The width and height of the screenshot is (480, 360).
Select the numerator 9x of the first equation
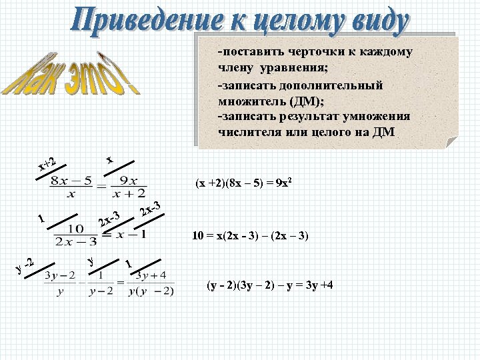coord(125,180)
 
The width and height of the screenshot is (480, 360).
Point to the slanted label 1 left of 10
coord(41,219)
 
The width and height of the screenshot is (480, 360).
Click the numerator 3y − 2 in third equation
coord(58,276)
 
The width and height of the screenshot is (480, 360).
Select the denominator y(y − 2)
coord(153,290)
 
